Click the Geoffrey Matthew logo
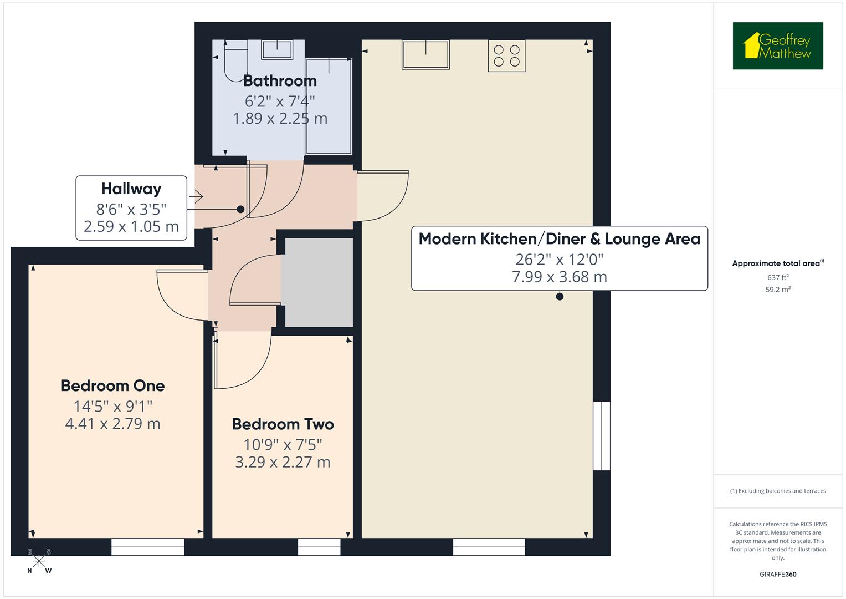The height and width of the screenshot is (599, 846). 777,46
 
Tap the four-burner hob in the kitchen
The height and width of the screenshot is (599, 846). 506,55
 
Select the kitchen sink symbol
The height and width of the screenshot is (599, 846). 425,54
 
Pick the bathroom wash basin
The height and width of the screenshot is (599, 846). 277,49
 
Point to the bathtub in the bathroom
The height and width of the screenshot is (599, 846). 329,105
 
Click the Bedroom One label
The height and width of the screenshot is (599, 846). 112,385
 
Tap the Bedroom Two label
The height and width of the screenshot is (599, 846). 283,424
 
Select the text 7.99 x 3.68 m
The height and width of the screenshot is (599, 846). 559,277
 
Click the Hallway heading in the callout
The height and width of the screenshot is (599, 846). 131,189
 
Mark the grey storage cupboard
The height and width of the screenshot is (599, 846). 318,282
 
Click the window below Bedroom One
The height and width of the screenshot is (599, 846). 147,547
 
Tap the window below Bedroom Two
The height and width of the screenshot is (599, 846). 319,547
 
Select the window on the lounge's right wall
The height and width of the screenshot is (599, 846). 602,436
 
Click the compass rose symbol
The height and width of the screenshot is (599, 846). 39,561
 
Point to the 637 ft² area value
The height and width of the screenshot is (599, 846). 777,277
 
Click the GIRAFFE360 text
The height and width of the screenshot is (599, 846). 777,574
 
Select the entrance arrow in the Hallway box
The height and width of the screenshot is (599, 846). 196,196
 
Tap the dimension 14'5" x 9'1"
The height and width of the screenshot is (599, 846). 112,406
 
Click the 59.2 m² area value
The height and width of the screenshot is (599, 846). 777,290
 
